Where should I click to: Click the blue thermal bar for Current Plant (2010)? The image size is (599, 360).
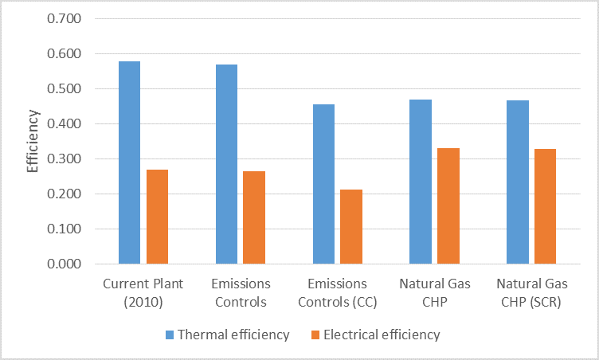pos(129,162)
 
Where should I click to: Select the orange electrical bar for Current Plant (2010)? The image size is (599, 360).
pos(157,217)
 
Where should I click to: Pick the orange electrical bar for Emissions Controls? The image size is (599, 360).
pos(254,217)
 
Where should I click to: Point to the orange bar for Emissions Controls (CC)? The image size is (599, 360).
pos(351,226)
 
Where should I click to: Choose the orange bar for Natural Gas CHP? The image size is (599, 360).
pos(448,205)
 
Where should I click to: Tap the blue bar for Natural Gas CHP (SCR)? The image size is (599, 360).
pos(518,182)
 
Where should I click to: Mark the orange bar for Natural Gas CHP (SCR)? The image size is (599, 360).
pos(546,206)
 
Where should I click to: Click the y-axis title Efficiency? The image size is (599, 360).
pos(33,141)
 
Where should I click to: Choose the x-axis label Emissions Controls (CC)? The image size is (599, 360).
pos(338,292)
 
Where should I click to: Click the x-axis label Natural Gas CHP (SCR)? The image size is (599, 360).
pos(532,292)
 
